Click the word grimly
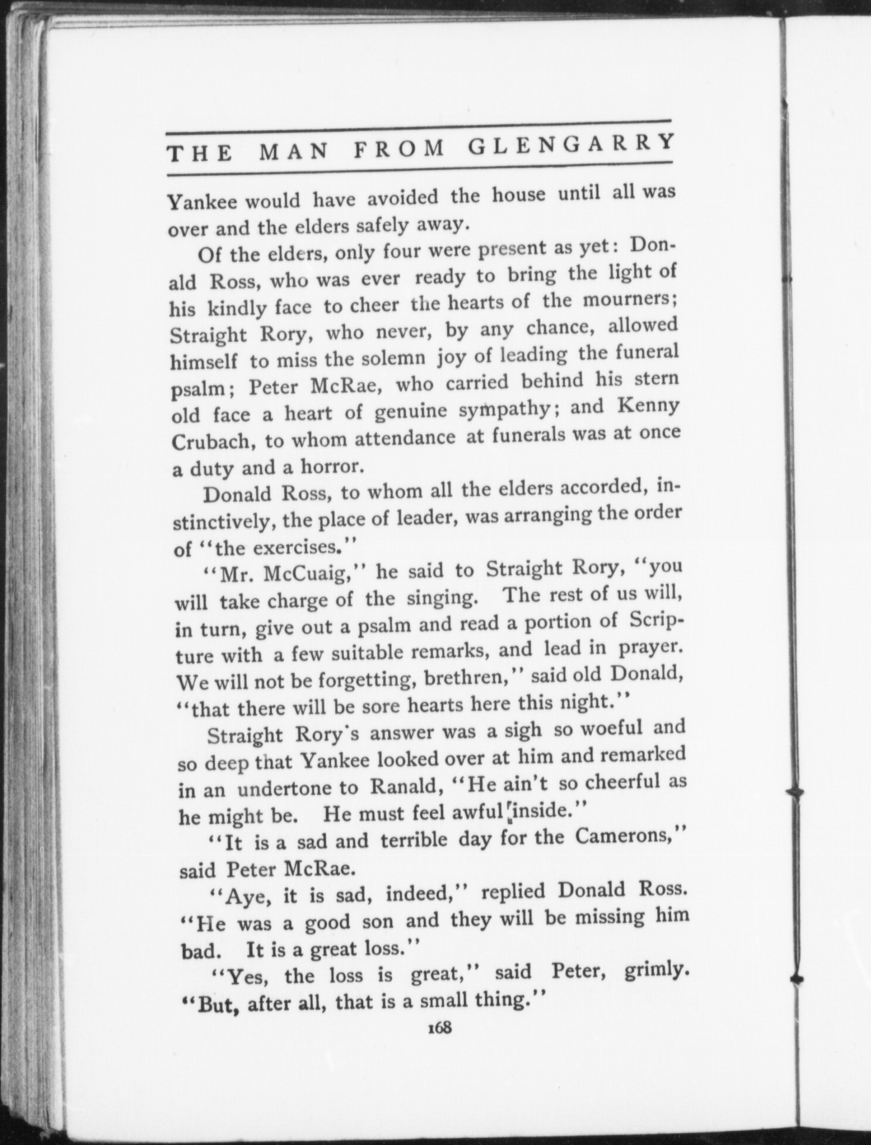pyautogui.click(x=657, y=972)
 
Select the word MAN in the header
pyautogui.click(x=294, y=152)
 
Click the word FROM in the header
pyautogui.click(x=399, y=149)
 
